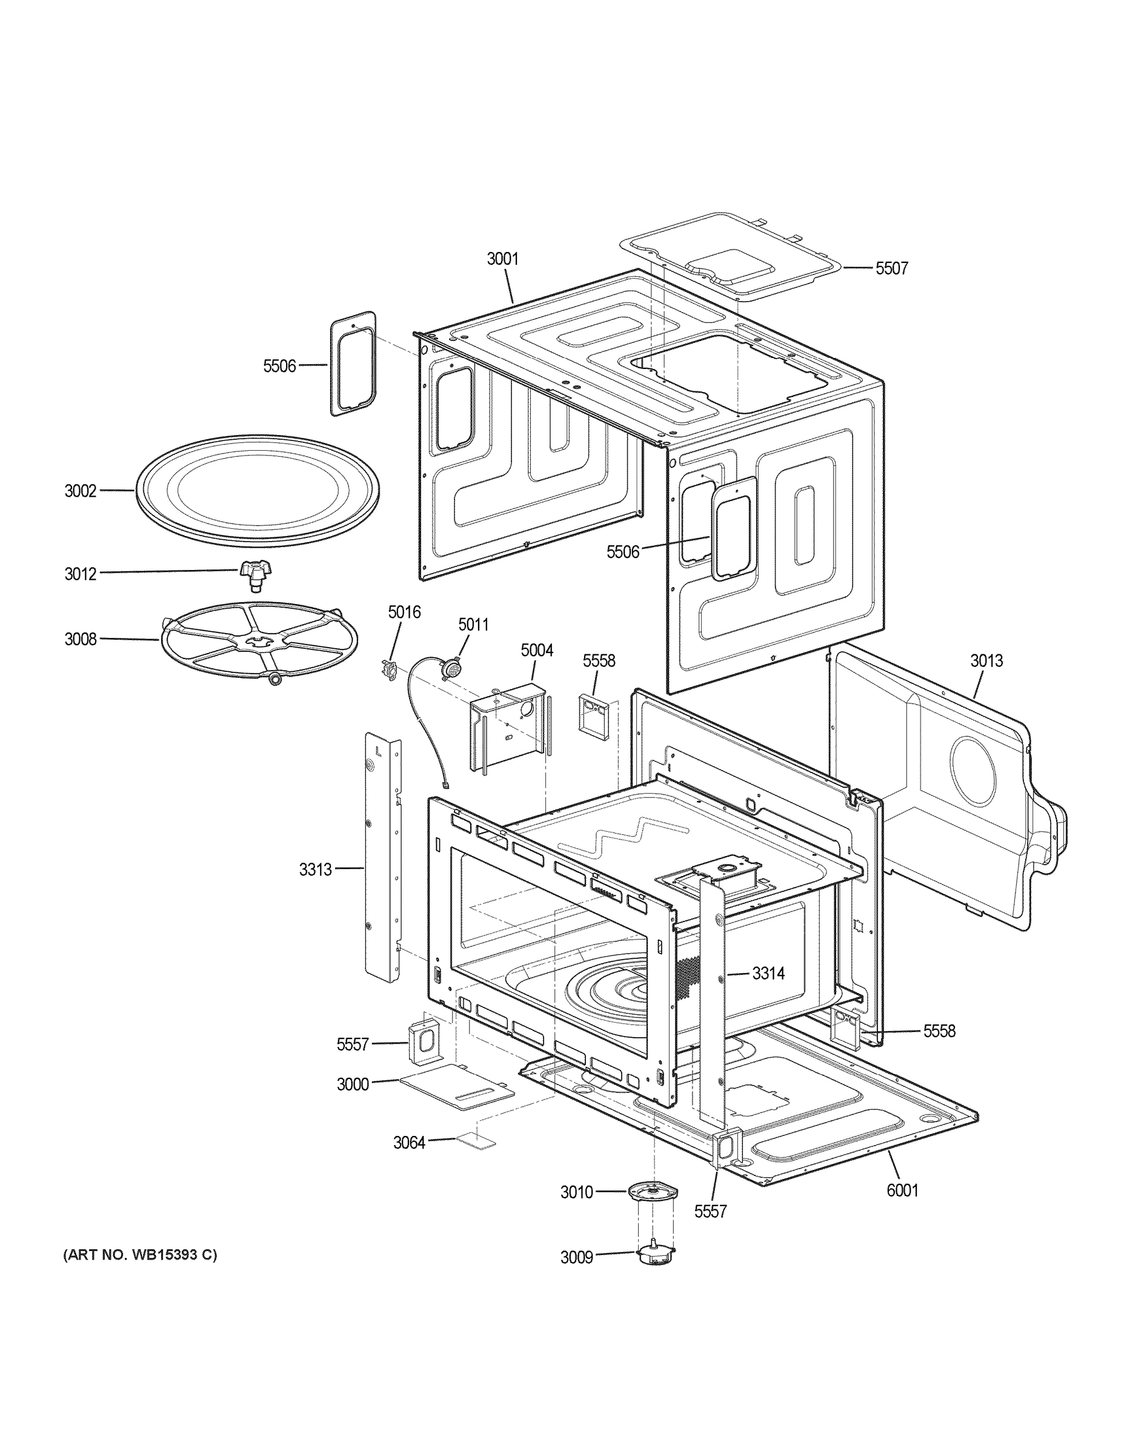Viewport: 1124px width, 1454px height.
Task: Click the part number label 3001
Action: (502, 259)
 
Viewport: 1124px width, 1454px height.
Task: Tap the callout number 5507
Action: (891, 268)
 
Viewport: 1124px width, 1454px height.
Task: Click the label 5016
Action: (404, 612)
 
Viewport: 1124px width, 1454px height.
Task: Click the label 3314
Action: (768, 974)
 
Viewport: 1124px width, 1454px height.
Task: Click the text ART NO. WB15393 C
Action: (139, 1255)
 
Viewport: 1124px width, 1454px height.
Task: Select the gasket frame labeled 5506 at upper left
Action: (353, 363)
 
